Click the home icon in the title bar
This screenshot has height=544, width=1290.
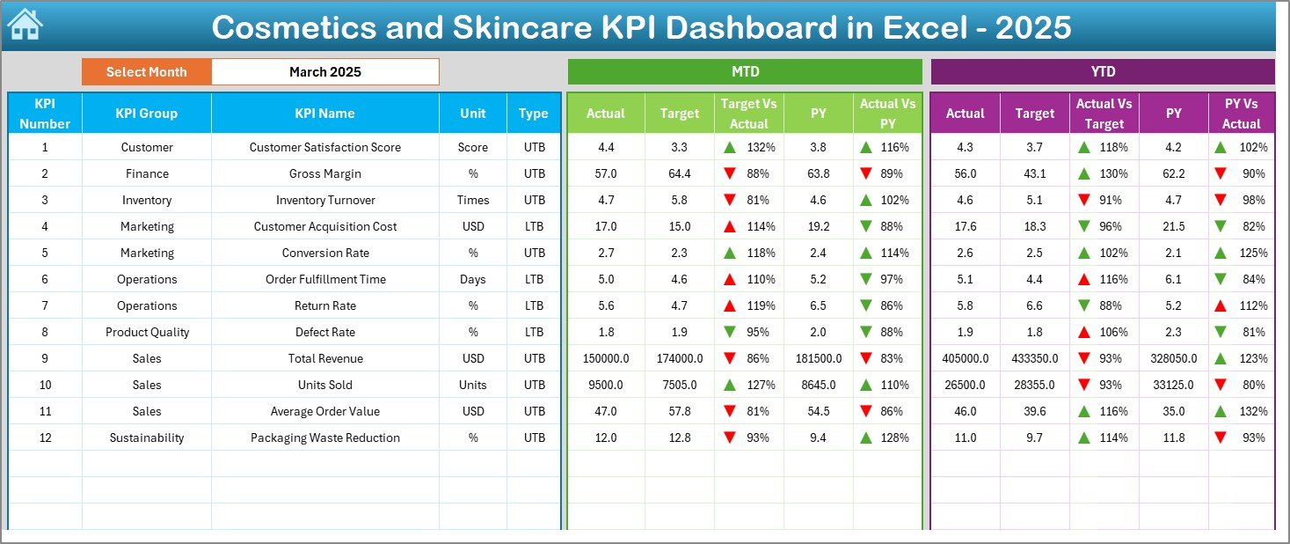click(25, 26)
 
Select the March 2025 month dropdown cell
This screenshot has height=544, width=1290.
click(325, 72)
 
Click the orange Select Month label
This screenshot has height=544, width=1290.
click(147, 72)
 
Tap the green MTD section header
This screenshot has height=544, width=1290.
click(745, 72)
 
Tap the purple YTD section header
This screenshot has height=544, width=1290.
click(1103, 72)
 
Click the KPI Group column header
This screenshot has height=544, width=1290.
click(147, 114)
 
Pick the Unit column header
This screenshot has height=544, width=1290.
click(473, 114)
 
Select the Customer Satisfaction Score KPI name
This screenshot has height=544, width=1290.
click(325, 147)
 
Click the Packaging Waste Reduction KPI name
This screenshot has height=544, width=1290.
click(325, 437)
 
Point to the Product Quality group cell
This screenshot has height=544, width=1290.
click(147, 332)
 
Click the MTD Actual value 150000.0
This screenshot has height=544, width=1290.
click(606, 358)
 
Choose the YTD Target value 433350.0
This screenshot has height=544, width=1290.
click(1035, 358)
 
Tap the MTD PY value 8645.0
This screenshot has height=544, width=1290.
click(819, 385)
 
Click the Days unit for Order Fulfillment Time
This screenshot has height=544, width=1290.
click(473, 279)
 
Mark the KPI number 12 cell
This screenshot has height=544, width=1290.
click(45, 437)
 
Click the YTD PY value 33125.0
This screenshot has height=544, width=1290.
click(1173, 385)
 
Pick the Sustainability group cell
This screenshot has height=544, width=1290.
click(147, 437)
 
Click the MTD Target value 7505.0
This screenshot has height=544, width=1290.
click(680, 385)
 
